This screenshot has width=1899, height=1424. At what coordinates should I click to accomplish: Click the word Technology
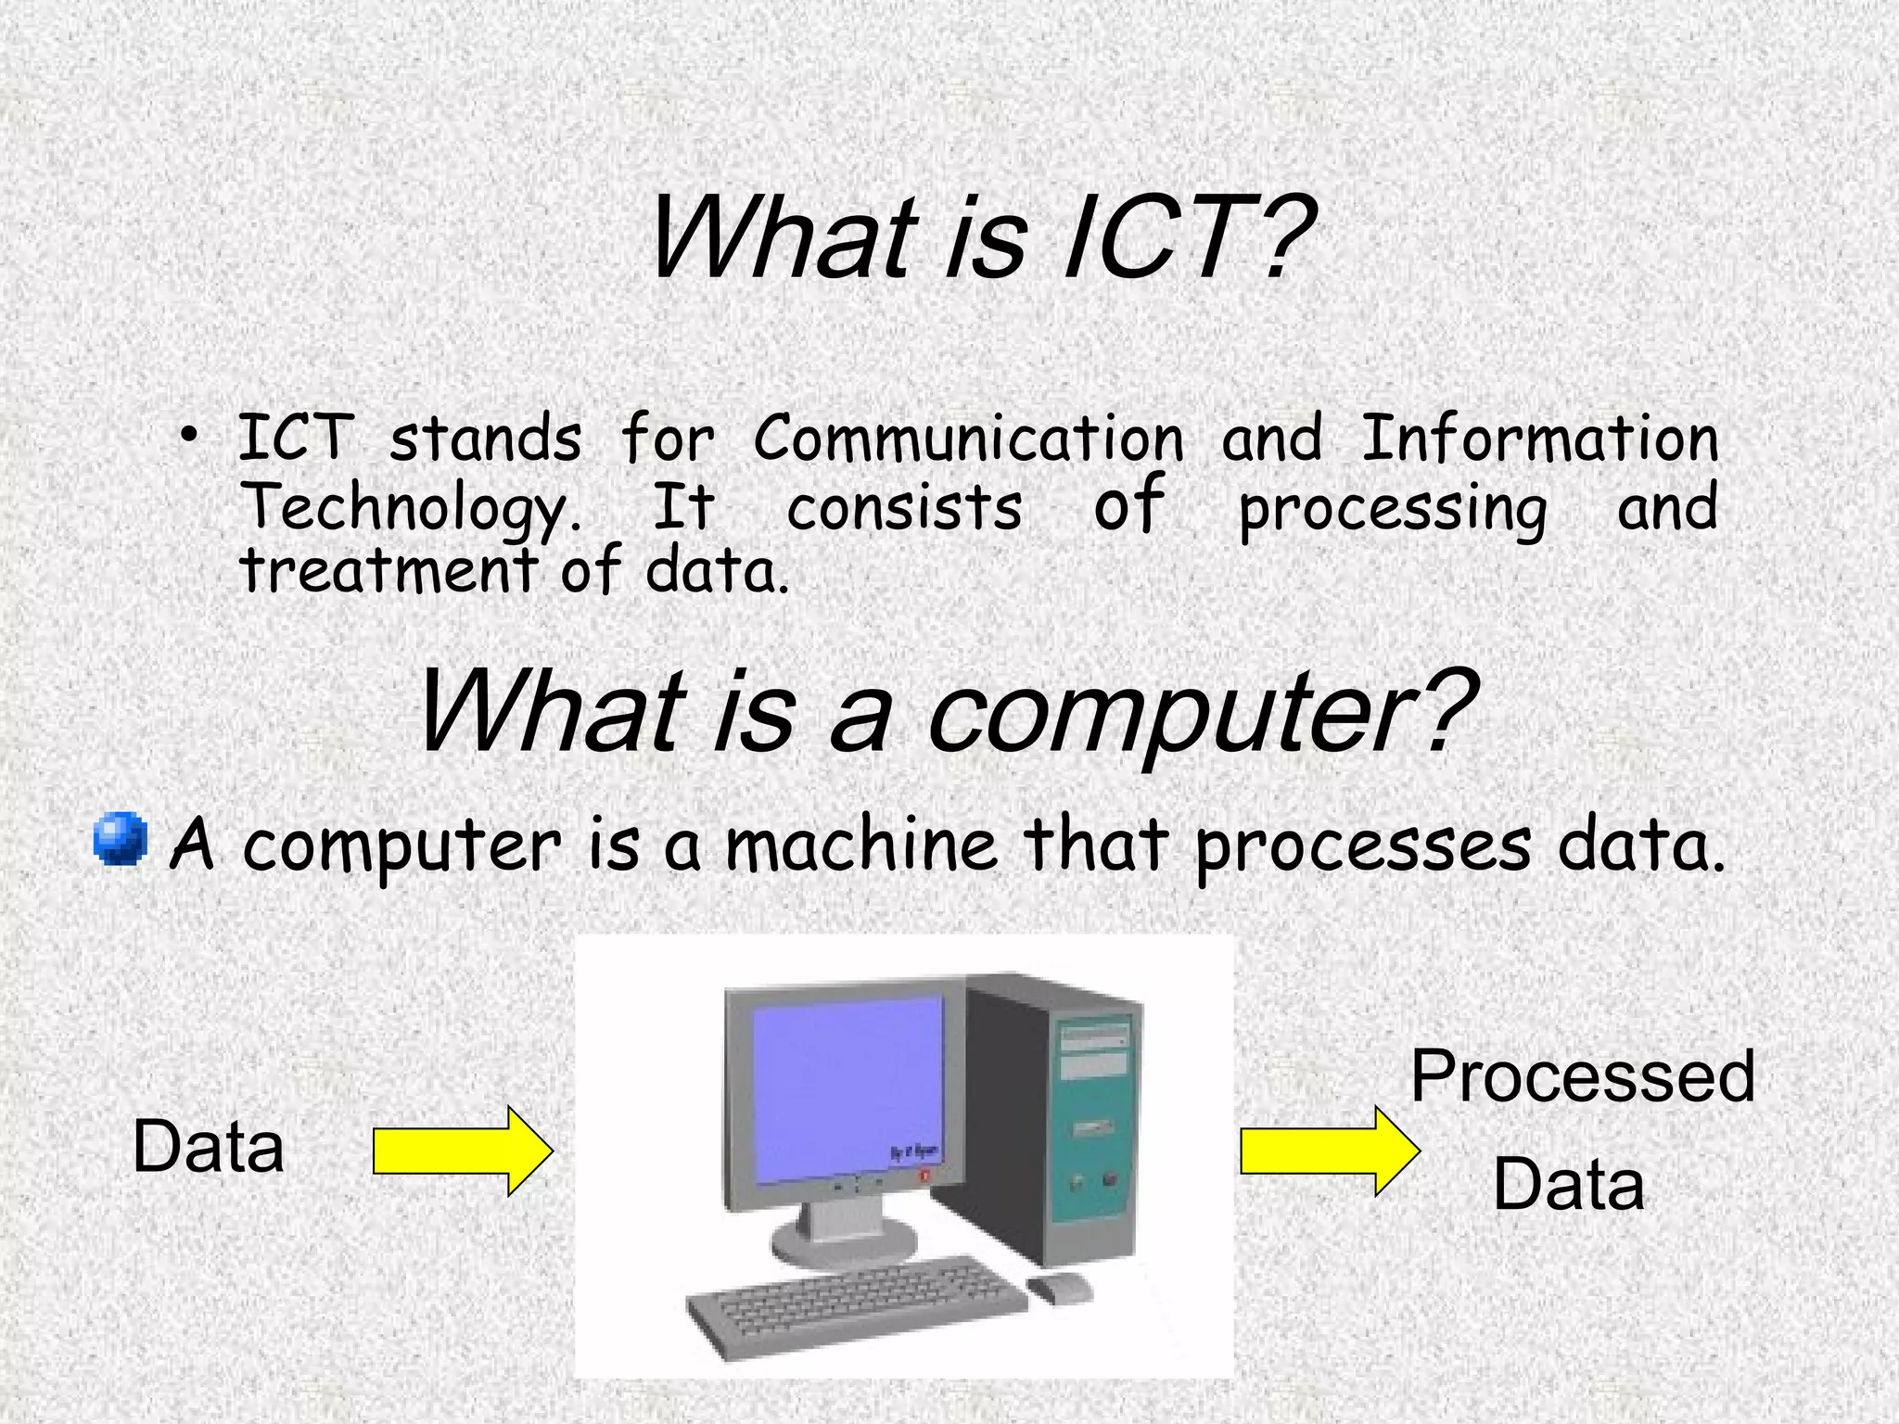408,508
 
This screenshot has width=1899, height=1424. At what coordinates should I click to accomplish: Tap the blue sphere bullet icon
121,839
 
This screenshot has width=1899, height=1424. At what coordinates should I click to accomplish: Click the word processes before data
1363,845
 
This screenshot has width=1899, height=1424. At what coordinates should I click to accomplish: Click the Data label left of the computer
208,1148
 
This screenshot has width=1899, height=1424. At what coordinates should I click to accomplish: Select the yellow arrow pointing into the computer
462,1151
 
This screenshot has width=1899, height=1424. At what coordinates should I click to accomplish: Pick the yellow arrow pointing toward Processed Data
1329,1151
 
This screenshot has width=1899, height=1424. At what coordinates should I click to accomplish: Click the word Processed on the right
1582,1077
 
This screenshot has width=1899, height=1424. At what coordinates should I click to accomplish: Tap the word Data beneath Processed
1568,1185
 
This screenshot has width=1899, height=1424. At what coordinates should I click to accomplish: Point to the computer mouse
1060,1287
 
